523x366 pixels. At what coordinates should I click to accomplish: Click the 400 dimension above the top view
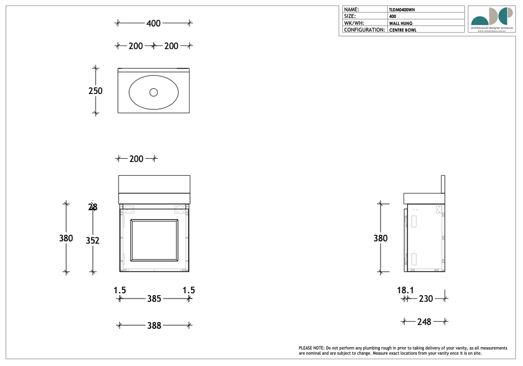tap(153, 23)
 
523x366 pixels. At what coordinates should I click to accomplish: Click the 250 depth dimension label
tap(96, 91)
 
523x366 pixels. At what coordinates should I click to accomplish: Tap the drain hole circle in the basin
tap(154, 92)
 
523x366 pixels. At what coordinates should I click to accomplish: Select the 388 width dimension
tap(154, 325)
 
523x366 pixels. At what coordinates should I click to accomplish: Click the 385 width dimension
tap(154, 299)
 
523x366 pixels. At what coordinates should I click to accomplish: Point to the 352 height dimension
tap(92, 240)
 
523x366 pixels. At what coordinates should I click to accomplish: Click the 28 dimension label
tap(93, 207)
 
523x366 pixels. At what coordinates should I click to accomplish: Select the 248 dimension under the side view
tap(424, 322)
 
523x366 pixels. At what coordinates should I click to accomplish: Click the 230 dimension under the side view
tap(425, 299)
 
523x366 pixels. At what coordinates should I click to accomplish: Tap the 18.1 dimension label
tap(406, 290)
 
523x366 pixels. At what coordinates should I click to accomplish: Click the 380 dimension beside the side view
tap(381, 238)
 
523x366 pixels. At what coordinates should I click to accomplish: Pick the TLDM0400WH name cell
tap(402, 10)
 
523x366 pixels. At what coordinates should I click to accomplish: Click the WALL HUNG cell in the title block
tap(401, 23)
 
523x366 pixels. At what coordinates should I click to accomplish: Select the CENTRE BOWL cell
tap(403, 30)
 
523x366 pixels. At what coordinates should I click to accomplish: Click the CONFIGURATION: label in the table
tap(365, 30)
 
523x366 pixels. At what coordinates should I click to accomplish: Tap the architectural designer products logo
tap(491, 19)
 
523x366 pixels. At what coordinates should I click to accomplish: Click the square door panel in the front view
tap(154, 240)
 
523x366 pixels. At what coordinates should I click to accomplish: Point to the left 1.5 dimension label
tap(120, 290)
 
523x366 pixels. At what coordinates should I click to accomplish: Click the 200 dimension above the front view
tap(136, 159)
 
